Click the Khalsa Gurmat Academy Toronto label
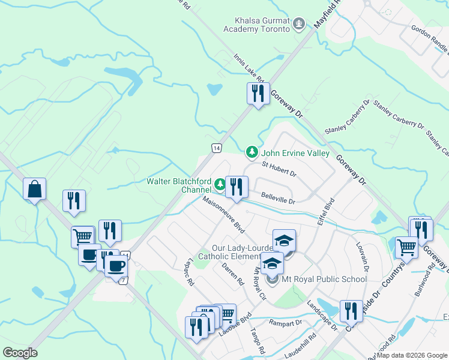tap(256, 25)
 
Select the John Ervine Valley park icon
tap(253, 154)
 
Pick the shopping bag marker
tap(35, 189)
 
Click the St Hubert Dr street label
tap(279, 169)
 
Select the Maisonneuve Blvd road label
tap(224, 216)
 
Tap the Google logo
tap(20, 352)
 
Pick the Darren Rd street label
tap(233, 274)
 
